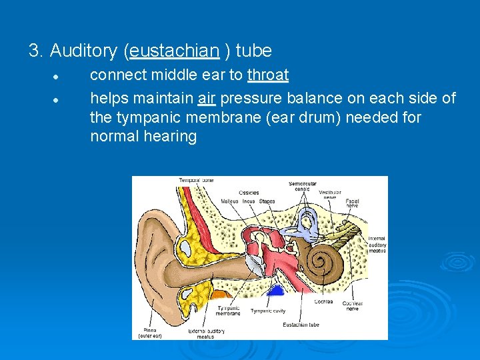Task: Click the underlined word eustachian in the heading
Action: (175, 51)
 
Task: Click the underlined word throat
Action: (267, 75)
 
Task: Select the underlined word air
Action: (207, 99)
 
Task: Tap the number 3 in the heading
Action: (35, 51)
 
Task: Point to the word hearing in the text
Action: (171, 137)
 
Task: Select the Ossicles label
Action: (248, 193)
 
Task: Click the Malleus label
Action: (230, 201)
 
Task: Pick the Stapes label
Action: (267, 201)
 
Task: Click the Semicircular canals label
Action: (302, 186)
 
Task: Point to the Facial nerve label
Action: (353, 203)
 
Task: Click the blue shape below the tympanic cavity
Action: (274, 291)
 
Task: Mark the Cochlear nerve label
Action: (353, 305)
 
